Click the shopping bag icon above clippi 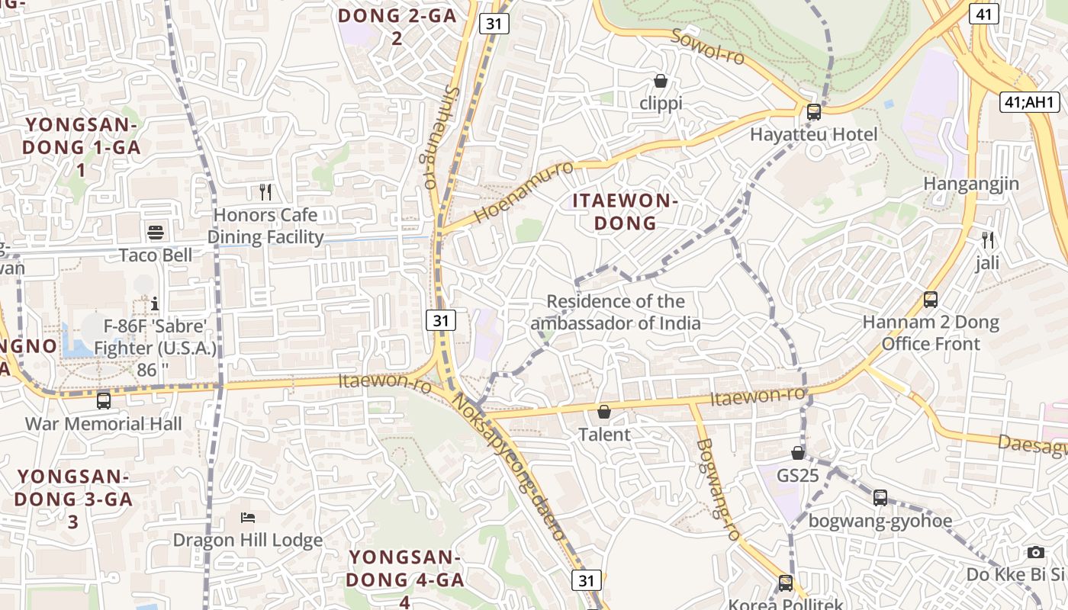661,81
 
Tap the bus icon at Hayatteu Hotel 814,112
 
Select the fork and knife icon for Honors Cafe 265,191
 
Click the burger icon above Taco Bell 156,233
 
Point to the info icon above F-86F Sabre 155,303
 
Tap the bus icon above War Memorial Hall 104,400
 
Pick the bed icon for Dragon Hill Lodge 248,518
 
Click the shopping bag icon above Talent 604,412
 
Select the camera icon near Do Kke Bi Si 1035,552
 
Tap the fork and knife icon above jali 988,240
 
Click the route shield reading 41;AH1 1029,102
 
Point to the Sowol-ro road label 708,47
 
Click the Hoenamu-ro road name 523,192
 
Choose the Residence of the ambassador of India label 616,312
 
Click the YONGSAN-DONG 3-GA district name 73,499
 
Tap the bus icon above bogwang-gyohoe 880,498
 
